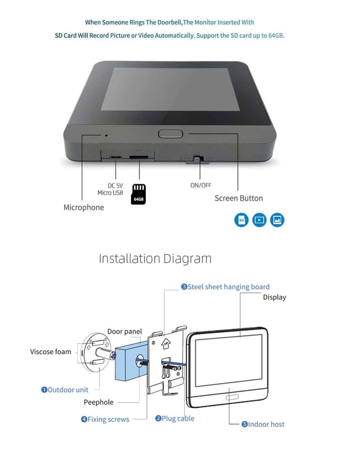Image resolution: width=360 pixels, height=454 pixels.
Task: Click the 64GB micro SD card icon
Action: coord(138,194)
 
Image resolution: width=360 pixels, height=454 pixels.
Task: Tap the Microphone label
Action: coord(83,208)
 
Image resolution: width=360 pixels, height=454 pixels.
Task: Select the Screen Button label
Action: coord(239,199)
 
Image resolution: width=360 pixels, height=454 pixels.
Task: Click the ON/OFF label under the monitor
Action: coord(201,185)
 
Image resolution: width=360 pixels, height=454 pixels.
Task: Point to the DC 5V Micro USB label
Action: coord(110,189)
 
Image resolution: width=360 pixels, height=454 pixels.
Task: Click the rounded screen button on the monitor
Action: coord(170,134)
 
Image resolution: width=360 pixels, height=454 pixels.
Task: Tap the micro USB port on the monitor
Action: coord(116,157)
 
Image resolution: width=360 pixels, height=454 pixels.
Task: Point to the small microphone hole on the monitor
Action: coord(105,135)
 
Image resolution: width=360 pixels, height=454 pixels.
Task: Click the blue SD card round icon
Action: coord(242,220)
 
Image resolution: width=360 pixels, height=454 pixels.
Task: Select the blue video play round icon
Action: coord(259,220)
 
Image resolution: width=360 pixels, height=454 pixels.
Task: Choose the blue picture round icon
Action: coord(277,220)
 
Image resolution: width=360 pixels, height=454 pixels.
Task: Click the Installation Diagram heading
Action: coord(155,259)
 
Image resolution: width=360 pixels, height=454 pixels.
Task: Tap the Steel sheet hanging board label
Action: coord(225,287)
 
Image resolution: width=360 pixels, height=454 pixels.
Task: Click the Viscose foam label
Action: coord(50,352)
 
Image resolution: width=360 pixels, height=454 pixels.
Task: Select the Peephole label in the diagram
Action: coord(99,402)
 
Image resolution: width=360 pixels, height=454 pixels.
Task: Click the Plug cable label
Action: coord(175,418)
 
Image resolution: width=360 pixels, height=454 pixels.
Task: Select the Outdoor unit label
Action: coord(65,390)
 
